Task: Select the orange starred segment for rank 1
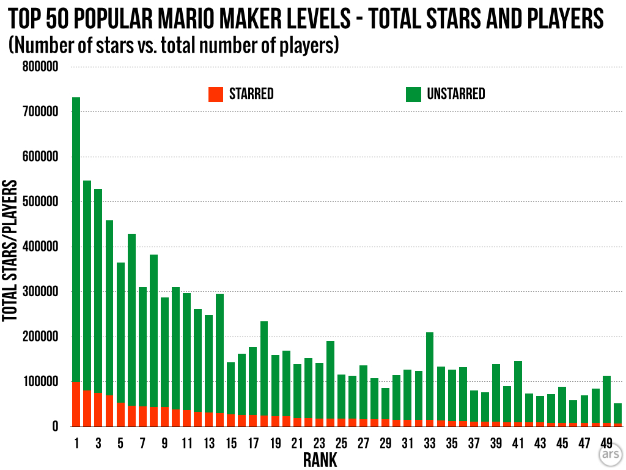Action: point(76,404)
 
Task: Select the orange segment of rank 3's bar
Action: point(98,409)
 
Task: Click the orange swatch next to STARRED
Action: point(216,94)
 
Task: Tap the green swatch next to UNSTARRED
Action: point(414,94)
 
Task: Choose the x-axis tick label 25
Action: point(341,442)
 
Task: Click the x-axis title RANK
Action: point(320,460)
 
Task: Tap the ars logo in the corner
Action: point(608,456)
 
